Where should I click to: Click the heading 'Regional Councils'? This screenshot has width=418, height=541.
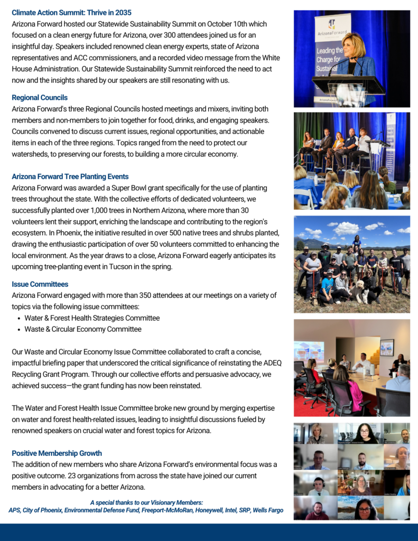(40, 98)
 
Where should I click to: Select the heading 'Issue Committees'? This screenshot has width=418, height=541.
(40, 284)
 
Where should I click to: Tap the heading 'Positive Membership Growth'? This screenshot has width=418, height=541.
(57, 453)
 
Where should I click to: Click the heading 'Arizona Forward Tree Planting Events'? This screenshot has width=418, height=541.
(70, 176)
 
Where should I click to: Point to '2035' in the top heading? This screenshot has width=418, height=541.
(123, 12)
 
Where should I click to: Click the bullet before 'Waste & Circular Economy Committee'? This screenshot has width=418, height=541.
(19, 330)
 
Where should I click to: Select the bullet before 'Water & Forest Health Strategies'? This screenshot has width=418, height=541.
(19, 319)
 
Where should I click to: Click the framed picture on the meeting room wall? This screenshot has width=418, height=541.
(387, 347)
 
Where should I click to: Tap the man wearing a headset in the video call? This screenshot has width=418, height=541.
(318, 484)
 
